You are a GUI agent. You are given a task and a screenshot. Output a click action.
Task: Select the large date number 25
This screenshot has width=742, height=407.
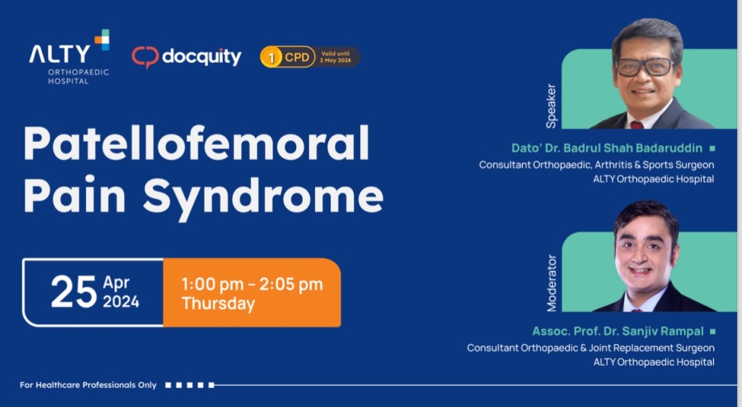[73, 292]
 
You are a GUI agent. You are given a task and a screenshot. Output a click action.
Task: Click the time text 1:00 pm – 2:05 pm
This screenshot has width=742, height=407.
[252, 284]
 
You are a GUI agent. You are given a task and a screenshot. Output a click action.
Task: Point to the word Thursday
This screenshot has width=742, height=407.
[218, 303]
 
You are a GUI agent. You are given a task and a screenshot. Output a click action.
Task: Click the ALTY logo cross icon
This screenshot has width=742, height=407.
[101, 40]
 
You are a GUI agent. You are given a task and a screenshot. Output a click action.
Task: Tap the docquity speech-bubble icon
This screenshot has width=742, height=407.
[145, 57]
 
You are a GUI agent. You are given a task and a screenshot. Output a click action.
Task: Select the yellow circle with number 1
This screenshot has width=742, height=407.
[271, 57]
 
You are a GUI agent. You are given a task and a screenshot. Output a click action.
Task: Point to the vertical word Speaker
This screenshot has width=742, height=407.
[551, 105]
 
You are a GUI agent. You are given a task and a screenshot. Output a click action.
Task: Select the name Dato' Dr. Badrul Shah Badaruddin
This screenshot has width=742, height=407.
[606, 148]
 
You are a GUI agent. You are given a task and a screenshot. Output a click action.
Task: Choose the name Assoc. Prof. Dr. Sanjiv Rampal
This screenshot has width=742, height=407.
[618, 332]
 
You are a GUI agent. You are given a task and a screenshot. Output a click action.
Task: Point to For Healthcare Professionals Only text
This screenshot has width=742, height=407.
[88, 385]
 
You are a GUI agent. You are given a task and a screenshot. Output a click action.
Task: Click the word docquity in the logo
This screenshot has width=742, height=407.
[201, 57]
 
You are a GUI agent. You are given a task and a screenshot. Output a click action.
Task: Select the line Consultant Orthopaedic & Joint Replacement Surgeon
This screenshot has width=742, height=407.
[591, 348]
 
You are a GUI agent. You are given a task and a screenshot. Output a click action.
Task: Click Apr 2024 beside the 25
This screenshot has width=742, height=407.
[121, 291]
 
